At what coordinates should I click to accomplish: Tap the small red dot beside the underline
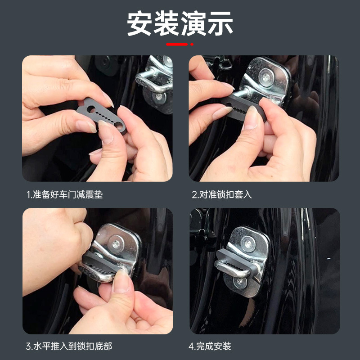(192, 44)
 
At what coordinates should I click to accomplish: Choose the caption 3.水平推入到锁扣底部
(69, 346)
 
